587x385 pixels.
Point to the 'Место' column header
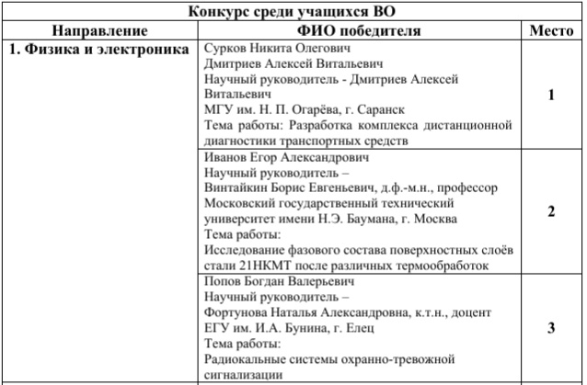[x=551, y=30]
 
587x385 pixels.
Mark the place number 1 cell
[x=550, y=95]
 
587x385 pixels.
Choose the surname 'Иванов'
[x=226, y=157]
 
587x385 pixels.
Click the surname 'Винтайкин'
[x=236, y=188]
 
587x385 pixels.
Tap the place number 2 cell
[x=550, y=211]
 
